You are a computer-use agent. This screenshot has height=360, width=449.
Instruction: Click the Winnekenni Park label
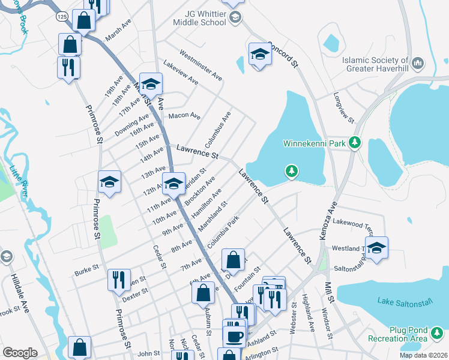coord(315,143)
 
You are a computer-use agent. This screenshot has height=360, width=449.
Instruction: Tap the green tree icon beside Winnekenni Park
coord(355,143)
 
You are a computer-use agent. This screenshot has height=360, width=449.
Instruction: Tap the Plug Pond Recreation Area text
coord(406,334)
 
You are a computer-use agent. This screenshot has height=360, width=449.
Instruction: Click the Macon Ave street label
coord(184,115)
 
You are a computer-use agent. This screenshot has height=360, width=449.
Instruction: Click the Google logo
coord(20,353)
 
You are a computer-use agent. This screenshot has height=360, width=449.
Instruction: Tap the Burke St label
coord(82,272)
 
